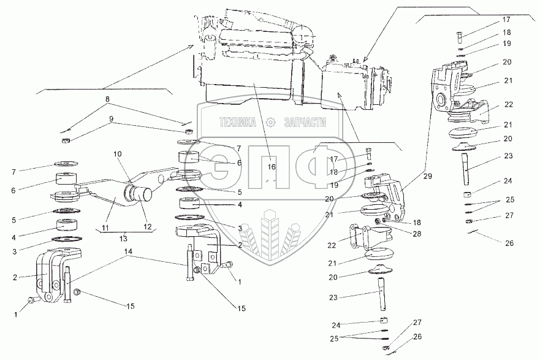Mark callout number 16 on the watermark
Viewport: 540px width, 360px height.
272,166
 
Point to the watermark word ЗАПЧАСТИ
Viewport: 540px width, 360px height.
304,123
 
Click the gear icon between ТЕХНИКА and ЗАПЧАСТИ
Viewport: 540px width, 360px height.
270,123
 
